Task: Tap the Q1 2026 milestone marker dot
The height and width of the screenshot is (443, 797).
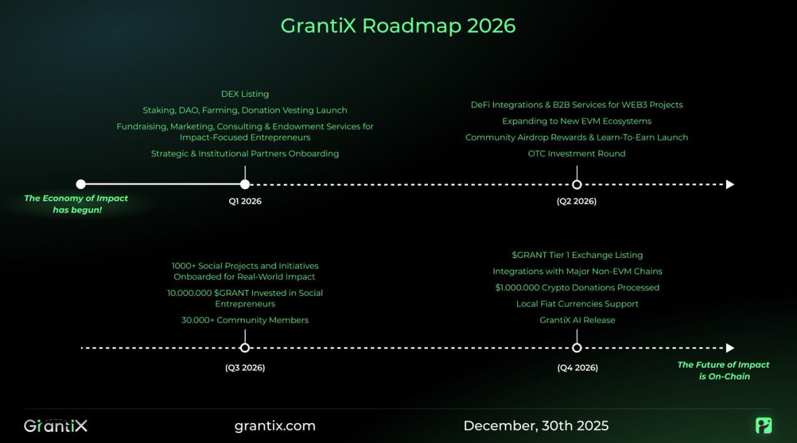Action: coord(245,184)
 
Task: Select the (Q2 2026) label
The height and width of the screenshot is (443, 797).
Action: coord(576,201)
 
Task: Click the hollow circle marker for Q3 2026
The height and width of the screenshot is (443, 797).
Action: coord(245,348)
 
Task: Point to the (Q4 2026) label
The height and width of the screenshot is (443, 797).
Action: coord(577,367)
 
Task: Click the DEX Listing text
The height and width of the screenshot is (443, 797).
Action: coord(245,94)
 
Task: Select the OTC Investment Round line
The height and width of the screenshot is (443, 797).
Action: coord(576,153)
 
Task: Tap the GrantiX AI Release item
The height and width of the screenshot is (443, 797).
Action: coord(576,320)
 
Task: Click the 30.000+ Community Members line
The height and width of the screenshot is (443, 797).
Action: coord(245,320)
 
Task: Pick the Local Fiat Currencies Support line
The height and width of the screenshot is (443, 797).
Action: coord(577,304)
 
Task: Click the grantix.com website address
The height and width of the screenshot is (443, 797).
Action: coord(275,426)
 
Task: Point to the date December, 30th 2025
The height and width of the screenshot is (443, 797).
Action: coord(536,426)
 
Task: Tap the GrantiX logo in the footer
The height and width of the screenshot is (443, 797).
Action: coord(56,426)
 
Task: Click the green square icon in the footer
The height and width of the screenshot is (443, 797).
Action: coord(763,426)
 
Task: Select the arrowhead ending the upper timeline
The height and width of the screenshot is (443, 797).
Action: coord(730,184)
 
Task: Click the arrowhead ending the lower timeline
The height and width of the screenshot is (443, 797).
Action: coord(730,348)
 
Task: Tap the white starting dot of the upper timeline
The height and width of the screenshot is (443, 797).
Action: coord(81,184)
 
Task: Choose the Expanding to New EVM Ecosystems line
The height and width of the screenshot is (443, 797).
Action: coord(576,121)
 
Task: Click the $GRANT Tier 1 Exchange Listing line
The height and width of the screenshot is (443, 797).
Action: coord(576,255)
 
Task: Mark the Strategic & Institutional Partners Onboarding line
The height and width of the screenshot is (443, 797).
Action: coord(245,153)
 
